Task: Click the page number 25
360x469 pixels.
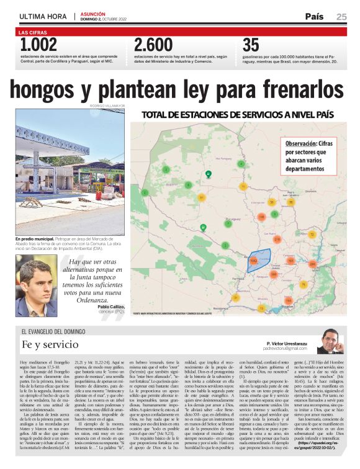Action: [x=341, y=17]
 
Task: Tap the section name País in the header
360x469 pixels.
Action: [x=314, y=17]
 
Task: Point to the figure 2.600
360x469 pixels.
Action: [x=153, y=45]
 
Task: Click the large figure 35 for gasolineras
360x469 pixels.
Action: [x=251, y=45]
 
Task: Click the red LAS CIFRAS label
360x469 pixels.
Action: [x=32, y=31]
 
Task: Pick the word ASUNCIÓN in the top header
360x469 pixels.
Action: [x=92, y=14]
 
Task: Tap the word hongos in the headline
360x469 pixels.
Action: [x=45, y=89]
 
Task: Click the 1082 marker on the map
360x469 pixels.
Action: [x=253, y=261]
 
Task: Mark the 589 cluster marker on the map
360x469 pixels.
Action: [x=273, y=273]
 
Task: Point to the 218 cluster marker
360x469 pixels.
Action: [x=277, y=239]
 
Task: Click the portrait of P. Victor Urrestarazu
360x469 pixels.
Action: [x=330, y=340]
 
